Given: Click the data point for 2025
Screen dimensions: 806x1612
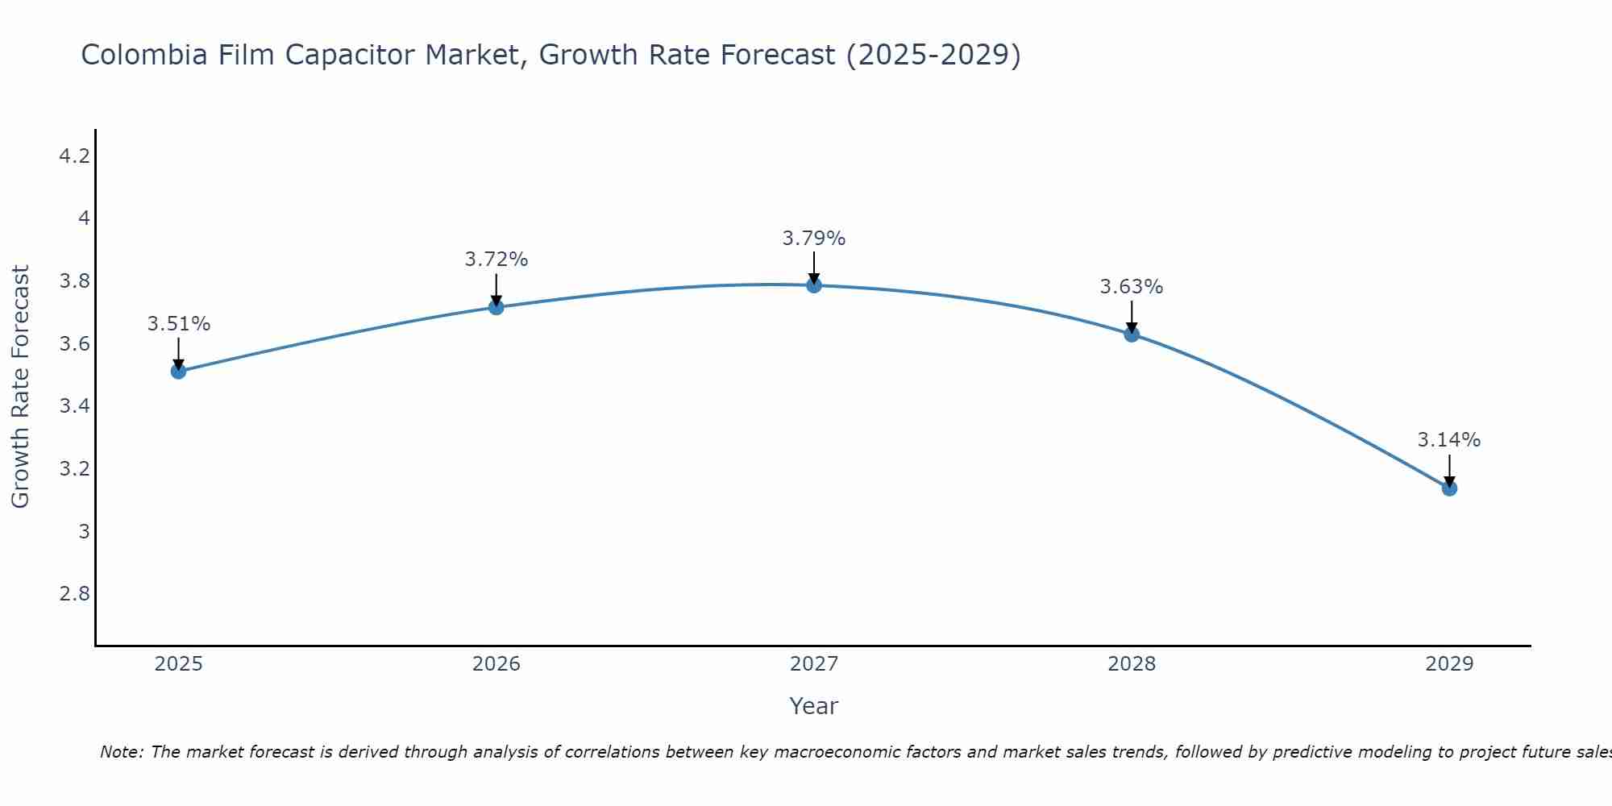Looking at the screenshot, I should (178, 372).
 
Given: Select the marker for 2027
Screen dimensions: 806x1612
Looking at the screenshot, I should (813, 285).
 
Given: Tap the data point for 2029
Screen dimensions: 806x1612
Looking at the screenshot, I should (1448, 488).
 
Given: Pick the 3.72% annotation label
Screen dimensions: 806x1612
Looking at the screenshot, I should (496, 260).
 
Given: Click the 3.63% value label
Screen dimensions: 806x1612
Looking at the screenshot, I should (1131, 287).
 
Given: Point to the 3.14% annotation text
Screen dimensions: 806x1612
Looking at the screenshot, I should (1448, 440).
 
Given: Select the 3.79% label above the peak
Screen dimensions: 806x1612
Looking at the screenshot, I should (813, 239).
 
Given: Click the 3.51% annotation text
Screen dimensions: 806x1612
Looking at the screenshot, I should (178, 324).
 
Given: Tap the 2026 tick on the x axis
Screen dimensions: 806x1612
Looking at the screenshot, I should (496, 664).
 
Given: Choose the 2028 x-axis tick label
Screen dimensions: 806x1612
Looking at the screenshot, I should (1131, 664).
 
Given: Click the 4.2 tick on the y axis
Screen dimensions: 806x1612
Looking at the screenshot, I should (74, 156).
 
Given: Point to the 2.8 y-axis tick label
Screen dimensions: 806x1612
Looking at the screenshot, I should (74, 594).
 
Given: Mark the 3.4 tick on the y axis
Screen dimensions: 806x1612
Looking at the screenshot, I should (74, 406).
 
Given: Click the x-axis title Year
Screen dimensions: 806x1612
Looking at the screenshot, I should (813, 706).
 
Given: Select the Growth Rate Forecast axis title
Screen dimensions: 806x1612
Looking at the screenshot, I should (20, 387).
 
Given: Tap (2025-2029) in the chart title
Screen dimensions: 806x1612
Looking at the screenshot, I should (933, 56).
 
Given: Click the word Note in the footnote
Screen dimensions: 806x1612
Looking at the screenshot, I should (121, 752).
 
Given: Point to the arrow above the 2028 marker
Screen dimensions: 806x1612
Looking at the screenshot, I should (1131, 316).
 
